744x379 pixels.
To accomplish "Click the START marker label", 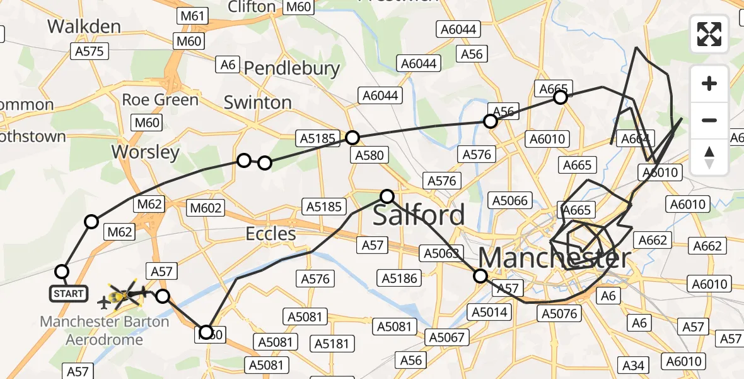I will tap(69, 294).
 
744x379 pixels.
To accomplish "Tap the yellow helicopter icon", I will tap(124, 294).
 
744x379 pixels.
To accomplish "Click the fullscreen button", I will tap(709, 34).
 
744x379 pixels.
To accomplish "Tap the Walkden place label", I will tap(84, 27).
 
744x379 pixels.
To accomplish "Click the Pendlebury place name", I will tap(291, 68).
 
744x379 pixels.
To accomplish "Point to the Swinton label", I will tap(257, 102).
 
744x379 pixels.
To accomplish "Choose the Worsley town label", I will tap(145, 152).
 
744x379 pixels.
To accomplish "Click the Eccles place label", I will tap(270, 234).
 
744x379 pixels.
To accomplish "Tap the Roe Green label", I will tap(160, 100).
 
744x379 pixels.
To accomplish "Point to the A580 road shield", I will tap(369, 155).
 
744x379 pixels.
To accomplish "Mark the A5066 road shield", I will tap(509, 201).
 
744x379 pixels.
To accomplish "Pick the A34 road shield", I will tap(635, 364).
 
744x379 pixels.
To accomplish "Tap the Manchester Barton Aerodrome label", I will tap(105, 330).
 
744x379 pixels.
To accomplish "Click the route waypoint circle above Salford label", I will tap(387, 196).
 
